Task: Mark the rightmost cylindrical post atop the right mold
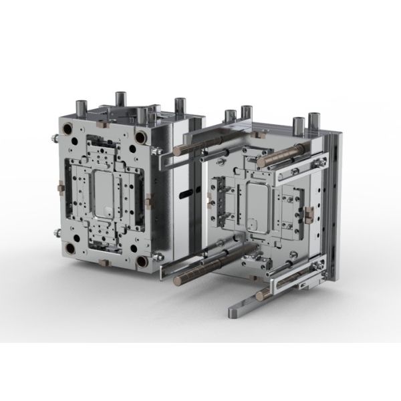[x=313, y=124]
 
